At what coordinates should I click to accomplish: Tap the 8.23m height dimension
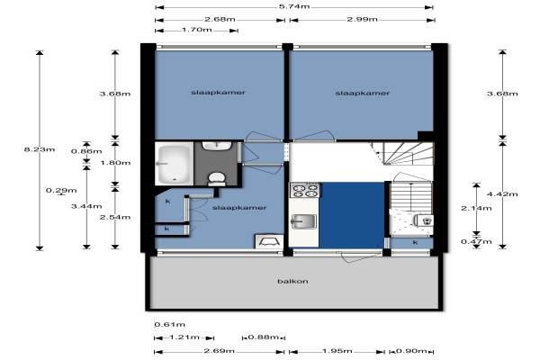point(40,149)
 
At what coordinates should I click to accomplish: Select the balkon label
point(292,281)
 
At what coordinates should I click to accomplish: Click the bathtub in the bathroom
point(175,163)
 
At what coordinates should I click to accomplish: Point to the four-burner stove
point(305,190)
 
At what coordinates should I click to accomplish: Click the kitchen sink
point(304,221)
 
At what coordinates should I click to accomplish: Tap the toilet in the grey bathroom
point(217,179)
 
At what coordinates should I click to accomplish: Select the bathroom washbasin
point(217,146)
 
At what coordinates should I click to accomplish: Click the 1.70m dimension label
point(196,30)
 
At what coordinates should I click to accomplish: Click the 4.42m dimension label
point(502,194)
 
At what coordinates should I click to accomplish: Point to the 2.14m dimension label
point(476,208)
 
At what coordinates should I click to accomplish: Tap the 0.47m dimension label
point(476,241)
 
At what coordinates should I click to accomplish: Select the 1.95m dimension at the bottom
point(337,351)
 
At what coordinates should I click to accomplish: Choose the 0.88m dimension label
point(263,337)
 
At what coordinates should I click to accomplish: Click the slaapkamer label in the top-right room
point(363,93)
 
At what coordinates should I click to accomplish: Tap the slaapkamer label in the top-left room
point(218,93)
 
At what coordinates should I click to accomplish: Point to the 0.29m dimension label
point(61,191)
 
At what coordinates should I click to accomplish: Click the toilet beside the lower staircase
point(423,220)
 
